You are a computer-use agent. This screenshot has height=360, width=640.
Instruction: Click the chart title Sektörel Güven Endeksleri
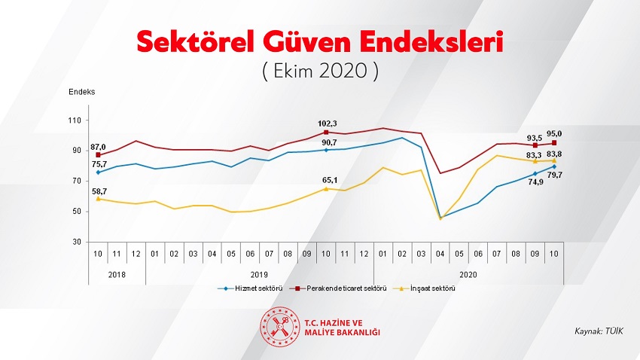pyautogui.click(x=319, y=41)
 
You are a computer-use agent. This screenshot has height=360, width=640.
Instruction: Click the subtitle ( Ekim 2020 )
pyautogui.click(x=319, y=72)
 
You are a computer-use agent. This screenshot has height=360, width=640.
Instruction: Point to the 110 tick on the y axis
pyautogui.click(x=75, y=121)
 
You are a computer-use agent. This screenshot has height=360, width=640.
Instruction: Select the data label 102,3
pyautogui.click(x=326, y=124)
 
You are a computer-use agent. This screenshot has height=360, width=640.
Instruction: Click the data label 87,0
pyautogui.click(x=98, y=147)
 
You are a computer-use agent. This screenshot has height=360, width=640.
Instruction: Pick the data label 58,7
pyautogui.click(x=99, y=192)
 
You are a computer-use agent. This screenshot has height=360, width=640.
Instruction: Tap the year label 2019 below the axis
pyautogui.click(x=259, y=275)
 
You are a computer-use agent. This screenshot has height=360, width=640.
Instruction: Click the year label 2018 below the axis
pyautogui.click(x=117, y=275)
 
